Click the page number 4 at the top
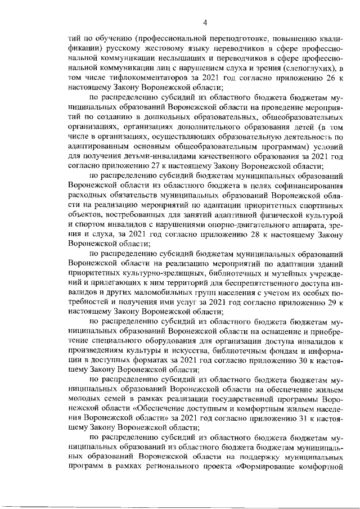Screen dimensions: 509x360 [205, 22]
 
